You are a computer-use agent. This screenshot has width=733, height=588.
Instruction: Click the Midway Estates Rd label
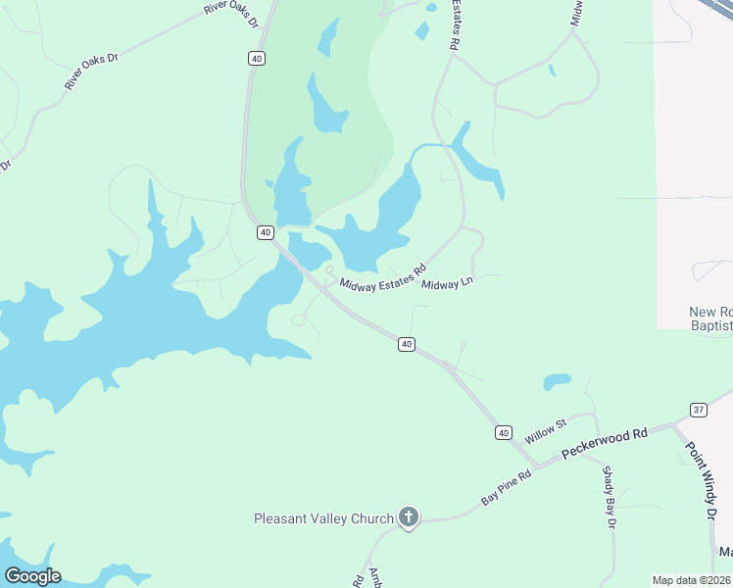(383, 276)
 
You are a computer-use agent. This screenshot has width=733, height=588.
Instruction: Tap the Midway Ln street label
(447, 284)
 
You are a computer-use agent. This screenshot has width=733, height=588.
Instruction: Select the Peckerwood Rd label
(605, 444)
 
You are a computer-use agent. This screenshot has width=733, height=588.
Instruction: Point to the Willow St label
(546, 428)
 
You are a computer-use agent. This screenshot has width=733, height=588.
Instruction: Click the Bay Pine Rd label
(506, 486)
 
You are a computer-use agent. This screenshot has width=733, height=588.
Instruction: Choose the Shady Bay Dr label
(609, 497)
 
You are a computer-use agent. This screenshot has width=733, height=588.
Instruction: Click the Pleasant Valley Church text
(323, 517)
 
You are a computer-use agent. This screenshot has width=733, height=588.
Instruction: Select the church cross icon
(409, 517)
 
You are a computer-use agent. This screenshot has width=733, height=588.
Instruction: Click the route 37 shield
(698, 409)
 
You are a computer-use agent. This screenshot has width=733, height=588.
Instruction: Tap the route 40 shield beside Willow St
(503, 432)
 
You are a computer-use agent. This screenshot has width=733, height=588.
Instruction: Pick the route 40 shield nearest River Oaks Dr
(256, 59)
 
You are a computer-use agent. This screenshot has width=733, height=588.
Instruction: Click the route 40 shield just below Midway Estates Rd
(407, 344)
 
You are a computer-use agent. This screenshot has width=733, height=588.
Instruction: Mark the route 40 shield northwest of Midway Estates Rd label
(265, 231)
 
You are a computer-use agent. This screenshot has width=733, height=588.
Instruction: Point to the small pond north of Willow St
(557, 380)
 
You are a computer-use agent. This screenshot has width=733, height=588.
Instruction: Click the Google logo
(32, 576)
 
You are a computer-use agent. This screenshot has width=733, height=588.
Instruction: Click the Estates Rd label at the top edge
(456, 24)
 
